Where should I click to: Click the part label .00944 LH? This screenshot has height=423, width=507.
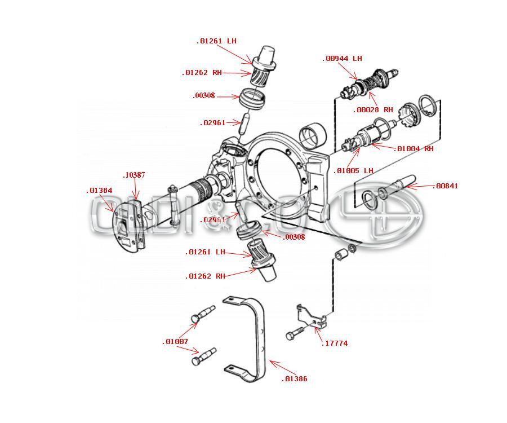point(342,59)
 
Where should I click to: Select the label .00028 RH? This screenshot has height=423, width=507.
point(372,110)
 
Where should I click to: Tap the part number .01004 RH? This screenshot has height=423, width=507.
point(415,149)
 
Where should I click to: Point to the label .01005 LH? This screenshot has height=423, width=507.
point(353,171)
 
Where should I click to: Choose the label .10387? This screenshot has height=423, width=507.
point(134,175)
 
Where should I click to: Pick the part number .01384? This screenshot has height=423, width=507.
point(99,191)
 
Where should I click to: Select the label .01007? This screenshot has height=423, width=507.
point(175,342)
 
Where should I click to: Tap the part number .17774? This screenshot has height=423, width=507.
point(334,343)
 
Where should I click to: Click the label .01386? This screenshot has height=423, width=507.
point(294,379)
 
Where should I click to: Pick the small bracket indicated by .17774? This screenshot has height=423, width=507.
point(312,316)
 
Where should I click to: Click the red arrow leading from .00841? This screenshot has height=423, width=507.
point(419,185)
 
